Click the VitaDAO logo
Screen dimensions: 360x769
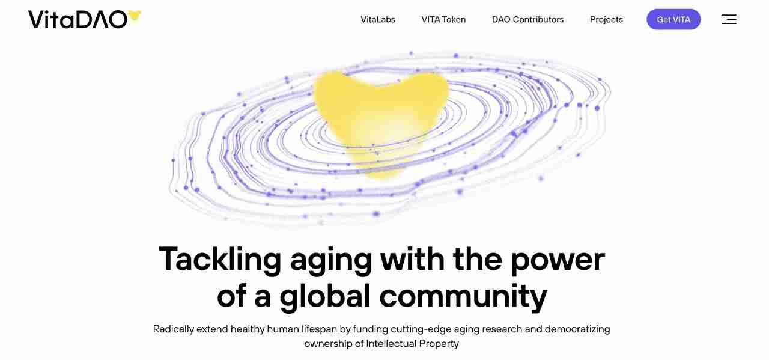tap(78, 19)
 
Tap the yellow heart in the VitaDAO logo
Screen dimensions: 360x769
tap(135, 16)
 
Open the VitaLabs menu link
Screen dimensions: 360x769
tap(378, 19)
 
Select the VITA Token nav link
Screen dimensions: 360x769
tap(443, 19)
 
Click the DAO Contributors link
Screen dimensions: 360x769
tap(527, 19)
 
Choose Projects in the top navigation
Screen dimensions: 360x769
tap(606, 19)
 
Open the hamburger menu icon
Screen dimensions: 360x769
tap(729, 19)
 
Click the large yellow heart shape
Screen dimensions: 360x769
tap(381, 114)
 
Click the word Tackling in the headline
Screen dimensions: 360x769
tap(220, 260)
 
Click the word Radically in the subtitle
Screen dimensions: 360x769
tap(174, 329)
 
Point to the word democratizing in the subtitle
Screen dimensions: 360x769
tap(577, 329)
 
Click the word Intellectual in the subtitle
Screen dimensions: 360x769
tap(391, 344)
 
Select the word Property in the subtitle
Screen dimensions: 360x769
tap(439, 344)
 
